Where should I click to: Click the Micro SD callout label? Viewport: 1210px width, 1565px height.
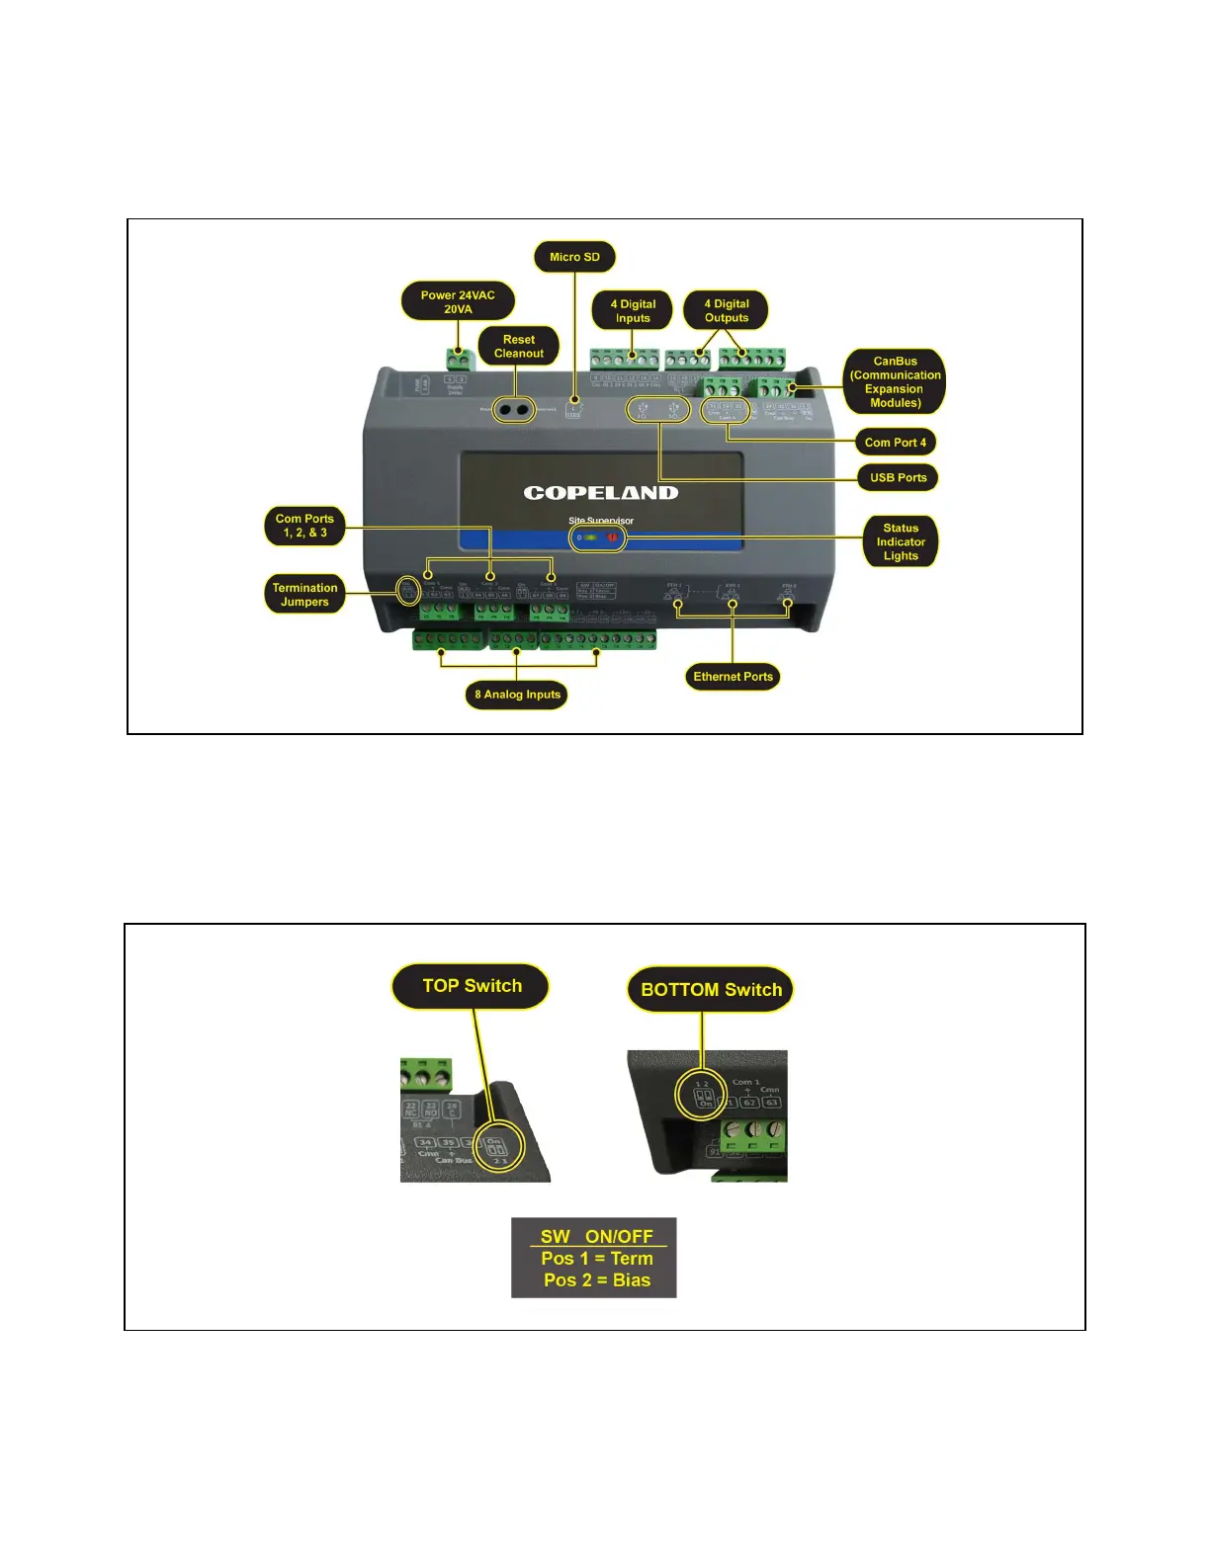pos(574,257)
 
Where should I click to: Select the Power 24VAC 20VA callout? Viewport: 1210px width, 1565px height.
pos(458,301)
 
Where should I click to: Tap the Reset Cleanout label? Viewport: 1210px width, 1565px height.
pos(519,346)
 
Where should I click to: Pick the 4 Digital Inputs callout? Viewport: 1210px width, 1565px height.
pos(633,310)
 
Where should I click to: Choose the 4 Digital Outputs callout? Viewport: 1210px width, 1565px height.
pos(727,310)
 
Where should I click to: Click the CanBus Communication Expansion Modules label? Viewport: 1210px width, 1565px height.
pos(895,381)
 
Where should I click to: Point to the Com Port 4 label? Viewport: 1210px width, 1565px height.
pos(895,442)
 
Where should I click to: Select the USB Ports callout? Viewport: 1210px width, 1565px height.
pos(898,477)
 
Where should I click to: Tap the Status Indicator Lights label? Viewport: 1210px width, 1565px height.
pos(901,541)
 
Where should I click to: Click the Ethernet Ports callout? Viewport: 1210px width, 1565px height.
pos(733,677)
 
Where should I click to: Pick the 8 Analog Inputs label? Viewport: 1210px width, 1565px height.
pos(517,695)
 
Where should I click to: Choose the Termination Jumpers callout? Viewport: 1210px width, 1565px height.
pos(304,594)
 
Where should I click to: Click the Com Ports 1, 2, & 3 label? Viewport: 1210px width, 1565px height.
pos(304,526)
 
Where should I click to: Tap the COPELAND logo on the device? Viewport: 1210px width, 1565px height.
pos(601,492)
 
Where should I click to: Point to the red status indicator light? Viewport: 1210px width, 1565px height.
pos(612,537)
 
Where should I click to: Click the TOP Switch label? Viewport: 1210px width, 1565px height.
pos(472,986)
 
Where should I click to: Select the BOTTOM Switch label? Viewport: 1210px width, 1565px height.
pos(711,989)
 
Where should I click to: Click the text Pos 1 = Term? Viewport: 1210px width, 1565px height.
pos(596,1258)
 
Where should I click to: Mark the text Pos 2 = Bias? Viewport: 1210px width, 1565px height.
pos(596,1280)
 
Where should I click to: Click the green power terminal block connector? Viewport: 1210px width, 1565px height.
pos(457,358)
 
